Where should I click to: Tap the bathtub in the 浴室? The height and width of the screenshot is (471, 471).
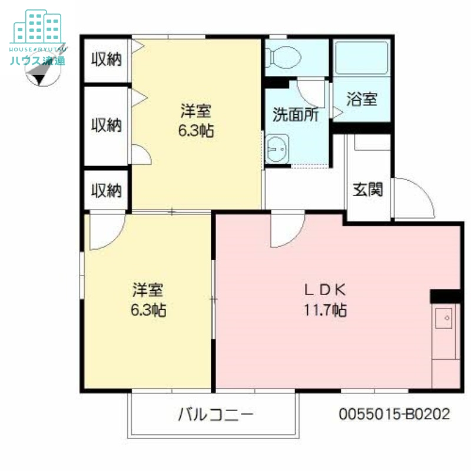[361, 58]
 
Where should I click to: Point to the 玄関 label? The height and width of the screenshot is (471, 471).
[368, 189]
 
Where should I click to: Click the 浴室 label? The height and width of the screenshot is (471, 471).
[361, 99]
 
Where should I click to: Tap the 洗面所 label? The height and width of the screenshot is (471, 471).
[295, 114]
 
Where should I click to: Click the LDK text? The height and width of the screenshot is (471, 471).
[324, 290]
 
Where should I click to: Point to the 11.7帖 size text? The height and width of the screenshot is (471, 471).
[324, 310]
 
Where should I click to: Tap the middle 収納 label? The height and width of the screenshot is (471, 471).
[106, 125]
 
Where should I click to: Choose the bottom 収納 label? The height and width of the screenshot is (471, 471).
[106, 190]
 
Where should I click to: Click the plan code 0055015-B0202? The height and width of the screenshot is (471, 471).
[394, 414]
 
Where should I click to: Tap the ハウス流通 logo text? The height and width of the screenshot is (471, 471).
[37, 60]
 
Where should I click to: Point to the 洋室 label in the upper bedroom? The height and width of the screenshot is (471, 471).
[196, 110]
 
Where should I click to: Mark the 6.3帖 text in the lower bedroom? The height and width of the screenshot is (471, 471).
[148, 310]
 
